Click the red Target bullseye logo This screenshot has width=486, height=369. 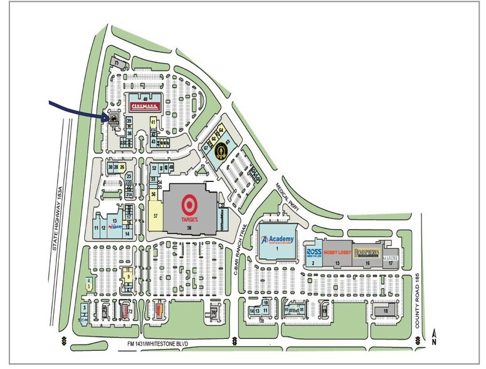point(188,204)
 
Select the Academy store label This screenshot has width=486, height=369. point(278,240)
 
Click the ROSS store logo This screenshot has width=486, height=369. point(314,252)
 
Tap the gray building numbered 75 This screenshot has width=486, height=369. point(117,62)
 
